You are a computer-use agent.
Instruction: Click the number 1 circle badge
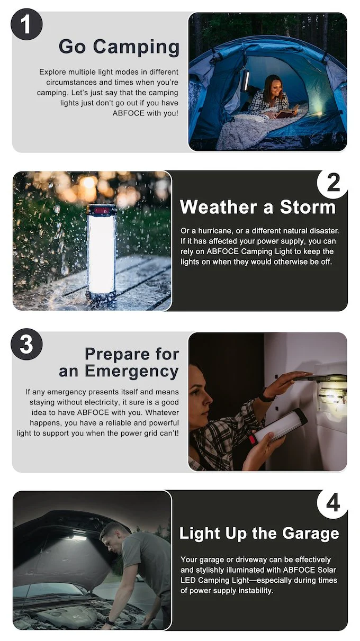pyautogui.click(x=26, y=24)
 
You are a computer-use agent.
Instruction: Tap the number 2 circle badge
pyautogui.click(x=333, y=183)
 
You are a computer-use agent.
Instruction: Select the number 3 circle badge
pyautogui.click(x=26, y=344)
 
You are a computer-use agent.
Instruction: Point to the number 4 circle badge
pyautogui.click(x=333, y=503)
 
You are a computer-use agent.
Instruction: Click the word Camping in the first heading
pyautogui.click(x=136, y=47)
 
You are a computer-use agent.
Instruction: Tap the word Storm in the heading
pyautogui.click(x=308, y=206)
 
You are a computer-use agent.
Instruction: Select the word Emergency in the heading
pyautogui.click(x=132, y=372)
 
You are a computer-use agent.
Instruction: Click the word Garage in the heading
pyautogui.click(x=310, y=534)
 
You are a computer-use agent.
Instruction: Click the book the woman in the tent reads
pyautogui.click(x=287, y=112)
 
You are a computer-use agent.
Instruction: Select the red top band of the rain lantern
pyautogui.click(x=102, y=211)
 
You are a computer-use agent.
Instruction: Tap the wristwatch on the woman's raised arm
pyautogui.click(x=266, y=395)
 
